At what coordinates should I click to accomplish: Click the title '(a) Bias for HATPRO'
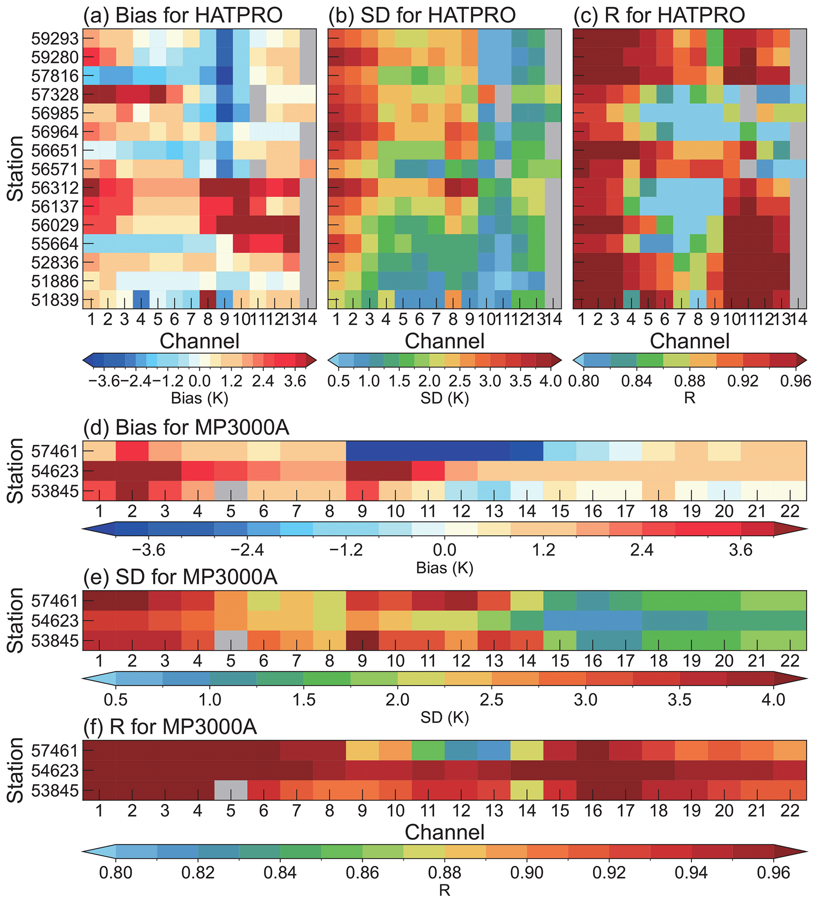[183, 15]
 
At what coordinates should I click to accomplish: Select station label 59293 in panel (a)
[55, 39]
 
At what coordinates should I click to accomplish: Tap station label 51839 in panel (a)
[55, 300]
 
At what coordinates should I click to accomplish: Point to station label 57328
[55, 95]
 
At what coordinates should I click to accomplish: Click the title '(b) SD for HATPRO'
[422, 15]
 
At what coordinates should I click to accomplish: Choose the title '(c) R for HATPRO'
[659, 15]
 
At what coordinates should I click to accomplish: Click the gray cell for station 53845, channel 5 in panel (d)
[231, 491]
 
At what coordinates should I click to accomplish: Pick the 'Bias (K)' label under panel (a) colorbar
[199, 398]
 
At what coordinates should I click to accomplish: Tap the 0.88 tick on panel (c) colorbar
[689, 381]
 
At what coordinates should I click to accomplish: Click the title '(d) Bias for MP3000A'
[186, 428]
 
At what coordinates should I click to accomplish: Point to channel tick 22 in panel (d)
[790, 511]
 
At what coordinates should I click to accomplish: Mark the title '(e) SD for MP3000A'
[180, 577]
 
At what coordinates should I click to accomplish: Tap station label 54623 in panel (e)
[55, 621]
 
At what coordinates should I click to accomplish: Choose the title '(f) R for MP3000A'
[170, 727]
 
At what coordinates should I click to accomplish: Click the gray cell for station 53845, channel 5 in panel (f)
[231, 790]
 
